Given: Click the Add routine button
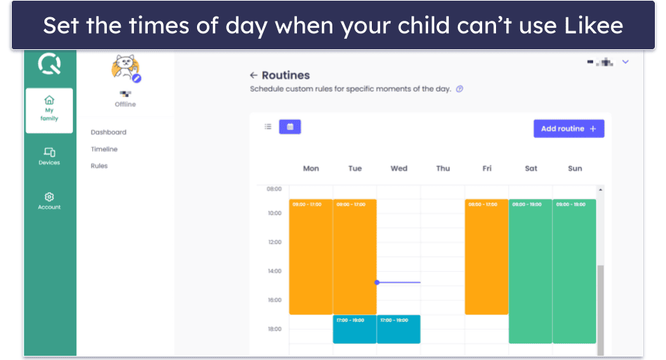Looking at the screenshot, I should pos(568,128).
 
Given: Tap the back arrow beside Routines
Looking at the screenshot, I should pos(254,75).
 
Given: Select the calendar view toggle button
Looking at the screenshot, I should pos(290,127).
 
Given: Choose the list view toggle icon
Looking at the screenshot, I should pos(268,127).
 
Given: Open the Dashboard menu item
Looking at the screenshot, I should pos(108,132).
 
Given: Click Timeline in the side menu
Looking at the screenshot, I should pos(104,149).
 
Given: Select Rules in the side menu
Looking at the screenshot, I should pos(99,166).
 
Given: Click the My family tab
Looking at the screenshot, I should pos(49,110).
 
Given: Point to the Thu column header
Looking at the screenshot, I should pos(443,169).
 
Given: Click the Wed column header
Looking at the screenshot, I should pos(399,169).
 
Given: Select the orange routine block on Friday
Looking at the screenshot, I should pos(486,257).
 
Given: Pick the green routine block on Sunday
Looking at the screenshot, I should pos(574,271).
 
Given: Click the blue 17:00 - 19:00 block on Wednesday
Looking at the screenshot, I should pos(398,329).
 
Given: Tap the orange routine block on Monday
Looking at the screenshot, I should pos(311,257).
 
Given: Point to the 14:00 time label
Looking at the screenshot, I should pos(275,271).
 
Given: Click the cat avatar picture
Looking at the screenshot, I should pos(125,67).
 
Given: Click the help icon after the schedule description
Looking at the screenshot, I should pos(459,89).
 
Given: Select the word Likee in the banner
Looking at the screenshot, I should pos(592,26).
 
